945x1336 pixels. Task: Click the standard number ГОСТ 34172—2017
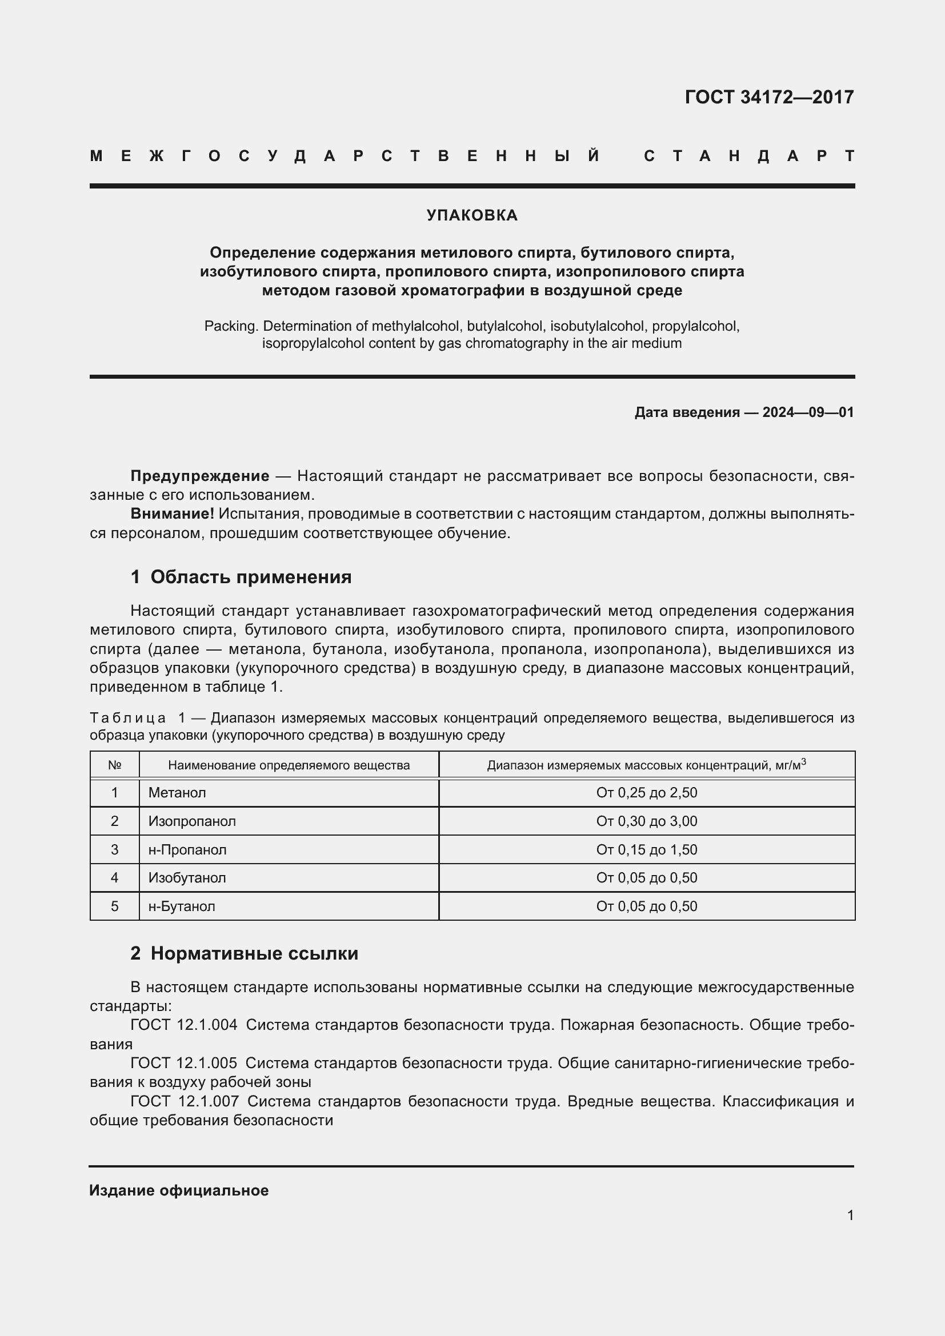coord(768,97)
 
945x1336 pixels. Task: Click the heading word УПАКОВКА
coord(472,215)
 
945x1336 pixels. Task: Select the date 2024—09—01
coord(808,412)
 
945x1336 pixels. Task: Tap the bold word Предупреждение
coord(199,476)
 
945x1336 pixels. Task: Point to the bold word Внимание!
coord(172,514)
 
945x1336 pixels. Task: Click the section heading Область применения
coord(251,577)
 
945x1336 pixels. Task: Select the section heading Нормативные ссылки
coord(254,953)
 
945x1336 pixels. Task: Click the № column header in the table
coord(115,765)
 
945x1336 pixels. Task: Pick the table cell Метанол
coord(177,793)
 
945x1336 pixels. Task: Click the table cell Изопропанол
coord(192,821)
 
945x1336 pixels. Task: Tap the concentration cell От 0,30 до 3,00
coord(647,821)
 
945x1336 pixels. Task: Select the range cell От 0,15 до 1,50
coord(647,849)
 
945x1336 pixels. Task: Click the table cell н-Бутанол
coord(182,906)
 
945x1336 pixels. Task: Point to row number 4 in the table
coord(115,877)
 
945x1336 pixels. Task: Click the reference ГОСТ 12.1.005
coord(184,1063)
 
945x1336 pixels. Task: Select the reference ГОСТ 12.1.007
coord(184,1101)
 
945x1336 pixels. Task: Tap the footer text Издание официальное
coord(179,1190)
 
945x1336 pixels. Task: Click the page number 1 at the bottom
coord(850,1215)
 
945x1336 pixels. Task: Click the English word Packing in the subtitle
coord(230,326)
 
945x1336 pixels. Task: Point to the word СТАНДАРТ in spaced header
coord(749,156)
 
